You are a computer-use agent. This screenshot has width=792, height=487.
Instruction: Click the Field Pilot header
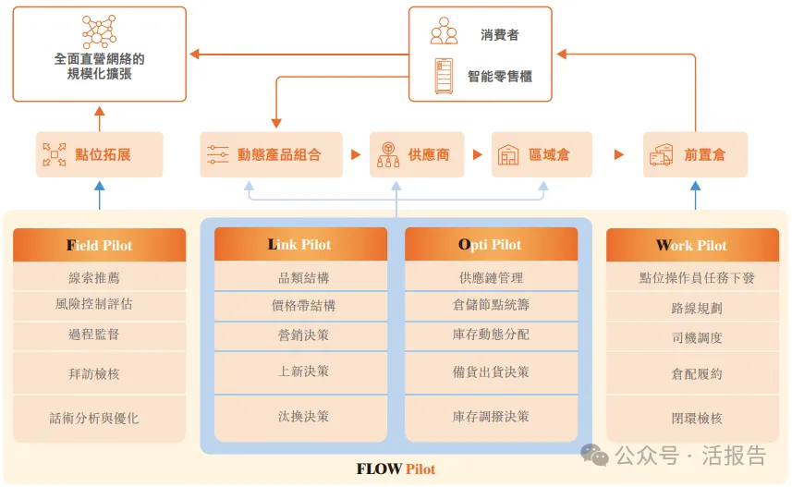tap(100, 245)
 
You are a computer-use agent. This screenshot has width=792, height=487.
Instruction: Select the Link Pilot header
tap(300, 244)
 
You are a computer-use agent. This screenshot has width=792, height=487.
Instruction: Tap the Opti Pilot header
tap(491, 244)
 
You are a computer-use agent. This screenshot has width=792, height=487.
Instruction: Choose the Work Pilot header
tap(692, 245)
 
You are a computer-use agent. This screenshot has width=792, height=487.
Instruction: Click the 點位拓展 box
tap(100, 154)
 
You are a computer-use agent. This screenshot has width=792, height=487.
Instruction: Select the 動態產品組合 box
tap(272, 154)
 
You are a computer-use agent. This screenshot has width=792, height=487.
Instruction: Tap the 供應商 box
tap(417, 154)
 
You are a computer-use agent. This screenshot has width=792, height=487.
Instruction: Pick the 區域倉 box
tap(542, 154)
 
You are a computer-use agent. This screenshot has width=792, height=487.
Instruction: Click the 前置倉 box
tap(695, 154)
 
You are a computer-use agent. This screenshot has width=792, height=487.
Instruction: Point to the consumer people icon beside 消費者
tap(444, 30)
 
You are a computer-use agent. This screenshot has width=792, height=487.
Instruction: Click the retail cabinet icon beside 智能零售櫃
tap(444, 77)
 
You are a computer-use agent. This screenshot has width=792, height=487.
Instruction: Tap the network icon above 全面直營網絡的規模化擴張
tap(100, 31)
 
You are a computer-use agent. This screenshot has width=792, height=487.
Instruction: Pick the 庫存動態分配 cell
tap(491, 335)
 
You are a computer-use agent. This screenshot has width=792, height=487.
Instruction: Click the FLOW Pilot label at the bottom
tap(396, 469)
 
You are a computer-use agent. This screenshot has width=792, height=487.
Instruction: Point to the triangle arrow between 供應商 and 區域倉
tap(477, 154)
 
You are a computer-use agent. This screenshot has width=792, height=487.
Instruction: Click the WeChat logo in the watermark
tap(594, 456)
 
